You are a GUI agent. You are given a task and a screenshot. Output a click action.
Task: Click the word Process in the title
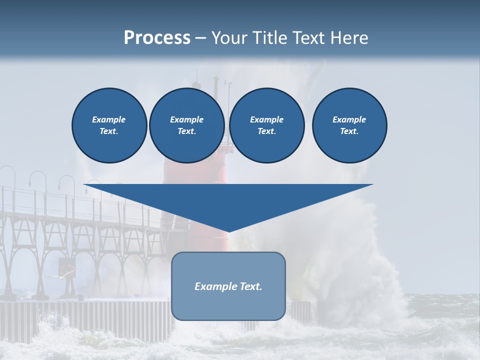(x=157, y=38)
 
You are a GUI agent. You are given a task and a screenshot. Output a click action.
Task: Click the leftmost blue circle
(x=109, y=125)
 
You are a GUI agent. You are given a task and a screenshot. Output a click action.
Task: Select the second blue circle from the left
(x=186, y=125)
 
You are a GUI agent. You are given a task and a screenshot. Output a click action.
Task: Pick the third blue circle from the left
(x=266, y=125)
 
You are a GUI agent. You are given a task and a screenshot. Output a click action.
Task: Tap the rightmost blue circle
(x=349, y=125)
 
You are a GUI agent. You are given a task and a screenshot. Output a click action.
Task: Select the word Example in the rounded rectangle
(x=213, y=286)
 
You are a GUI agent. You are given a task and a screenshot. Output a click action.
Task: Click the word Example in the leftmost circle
(x=109, y=119)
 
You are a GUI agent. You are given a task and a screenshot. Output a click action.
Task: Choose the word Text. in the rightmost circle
(x=349, y=131)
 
